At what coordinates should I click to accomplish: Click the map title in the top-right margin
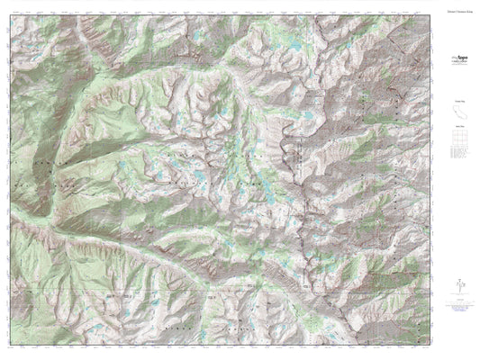458,7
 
